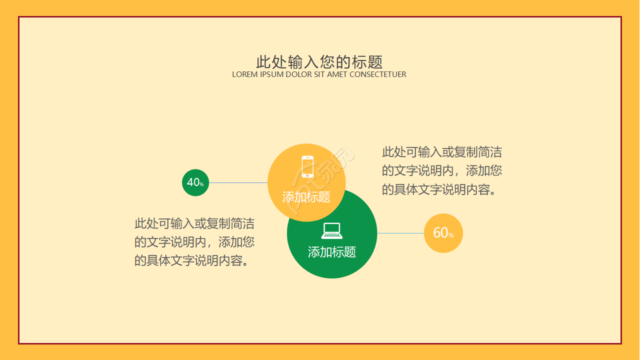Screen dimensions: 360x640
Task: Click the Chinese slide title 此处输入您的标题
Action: (319, 62)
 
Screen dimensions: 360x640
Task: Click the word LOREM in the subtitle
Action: (244, 74)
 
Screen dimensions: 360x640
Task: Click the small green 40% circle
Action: (195, 182)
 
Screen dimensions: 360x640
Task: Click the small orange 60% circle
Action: (443, 233)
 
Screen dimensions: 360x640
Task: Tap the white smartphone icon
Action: (307, 166)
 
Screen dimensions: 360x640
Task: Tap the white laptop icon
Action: (332, 231)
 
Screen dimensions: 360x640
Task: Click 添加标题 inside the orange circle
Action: (306, 197)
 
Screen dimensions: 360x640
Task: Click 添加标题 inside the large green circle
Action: (331, 252)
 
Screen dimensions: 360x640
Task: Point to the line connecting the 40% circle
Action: (238, 183)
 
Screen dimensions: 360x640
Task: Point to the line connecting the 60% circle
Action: (400, 233)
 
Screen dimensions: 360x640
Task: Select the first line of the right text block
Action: (441, 152)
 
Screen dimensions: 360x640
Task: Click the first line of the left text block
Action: (194, 223)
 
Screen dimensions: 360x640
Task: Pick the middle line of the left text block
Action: (194, 242)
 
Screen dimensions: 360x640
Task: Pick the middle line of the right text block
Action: (441, 171)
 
